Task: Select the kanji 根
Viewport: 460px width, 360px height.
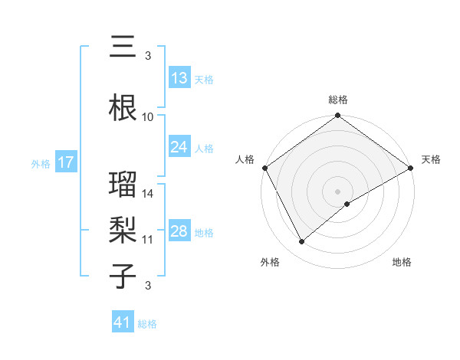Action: point(123,108)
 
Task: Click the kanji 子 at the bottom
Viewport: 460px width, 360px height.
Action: point(123,277)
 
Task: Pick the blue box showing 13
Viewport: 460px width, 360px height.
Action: point(179,79)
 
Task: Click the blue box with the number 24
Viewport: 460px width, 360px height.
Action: point(179,148)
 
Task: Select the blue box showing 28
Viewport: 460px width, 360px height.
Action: point(179,232)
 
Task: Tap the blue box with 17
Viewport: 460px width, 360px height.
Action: point(65,162)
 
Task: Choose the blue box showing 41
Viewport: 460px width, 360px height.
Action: point(123,323)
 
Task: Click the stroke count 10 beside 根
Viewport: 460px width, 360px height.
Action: point(148,117)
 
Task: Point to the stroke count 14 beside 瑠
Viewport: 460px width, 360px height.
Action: point(148,194)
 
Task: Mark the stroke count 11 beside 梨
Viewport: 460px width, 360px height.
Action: point(148,240)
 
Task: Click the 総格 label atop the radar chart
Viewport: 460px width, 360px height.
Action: point(337,100)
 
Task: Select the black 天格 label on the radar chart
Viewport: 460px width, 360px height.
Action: point(431,159)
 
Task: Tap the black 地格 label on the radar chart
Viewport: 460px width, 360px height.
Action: point(402,262)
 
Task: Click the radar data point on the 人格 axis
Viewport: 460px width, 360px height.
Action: point(264,168)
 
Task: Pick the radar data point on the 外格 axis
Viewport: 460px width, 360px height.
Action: point(301,242)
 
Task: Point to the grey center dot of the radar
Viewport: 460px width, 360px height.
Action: point(337,191)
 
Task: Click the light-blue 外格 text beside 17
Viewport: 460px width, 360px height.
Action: point(40,163)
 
